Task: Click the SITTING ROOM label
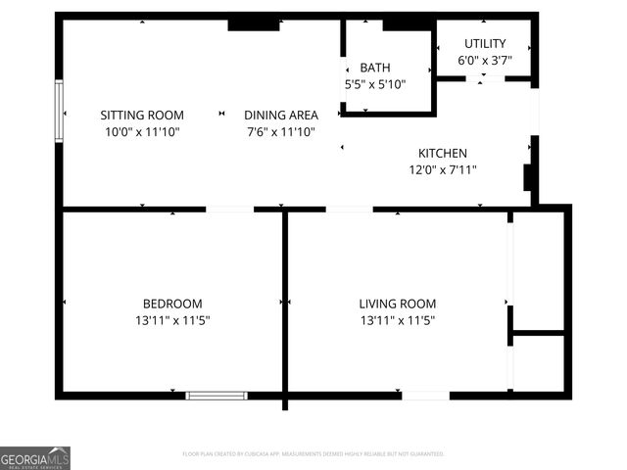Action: point(143,115)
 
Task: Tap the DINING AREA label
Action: point(280,115)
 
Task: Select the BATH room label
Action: point(374,68)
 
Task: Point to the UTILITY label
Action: point(485,43)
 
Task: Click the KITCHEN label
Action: point(443,153)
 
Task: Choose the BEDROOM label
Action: point(172,304)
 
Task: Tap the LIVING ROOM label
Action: point(397,304)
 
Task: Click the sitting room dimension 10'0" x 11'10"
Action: point(143,131)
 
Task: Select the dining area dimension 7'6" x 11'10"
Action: point(280,131)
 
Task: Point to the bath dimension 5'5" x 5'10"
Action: point(374,84)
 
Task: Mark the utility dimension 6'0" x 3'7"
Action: point(485,60)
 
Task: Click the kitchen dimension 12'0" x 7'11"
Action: point(443,169)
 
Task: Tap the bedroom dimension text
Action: point(172,320)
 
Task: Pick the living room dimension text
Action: point(397,320)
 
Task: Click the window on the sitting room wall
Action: point(59,112)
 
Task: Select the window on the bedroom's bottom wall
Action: point(217,396)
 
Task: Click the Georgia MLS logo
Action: point(35,458)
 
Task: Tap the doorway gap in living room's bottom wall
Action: point(425,396)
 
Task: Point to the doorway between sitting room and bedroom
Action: point(229,209)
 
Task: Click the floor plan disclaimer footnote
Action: point(313,454)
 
